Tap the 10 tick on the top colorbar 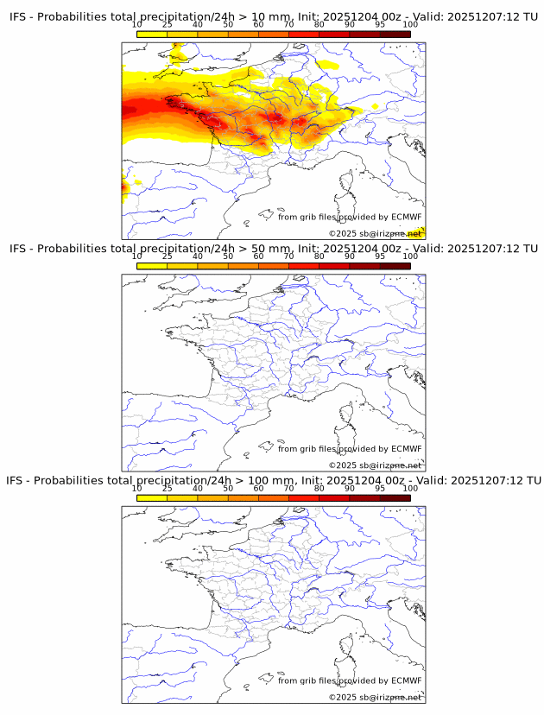click(x=137, y=25)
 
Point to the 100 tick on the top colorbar click(x=410, y=25)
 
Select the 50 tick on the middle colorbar click(x=228, y=256)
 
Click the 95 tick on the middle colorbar click(x=380, y=256)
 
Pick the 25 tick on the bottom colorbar click(x=168, y=488)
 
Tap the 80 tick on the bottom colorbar click(x=319, y=488)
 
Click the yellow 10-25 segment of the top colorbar click(x=152, y=35)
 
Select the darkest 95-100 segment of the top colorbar click(x=395, y=35)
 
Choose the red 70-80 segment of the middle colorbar click(x=304, y=266)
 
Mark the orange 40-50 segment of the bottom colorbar click(x=212, y=497)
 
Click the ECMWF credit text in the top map click(x=350, y=217)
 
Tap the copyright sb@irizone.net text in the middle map click(x=375, y=465)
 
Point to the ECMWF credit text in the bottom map click(x=350, y=680)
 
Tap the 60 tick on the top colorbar click(x=258, y=25)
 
